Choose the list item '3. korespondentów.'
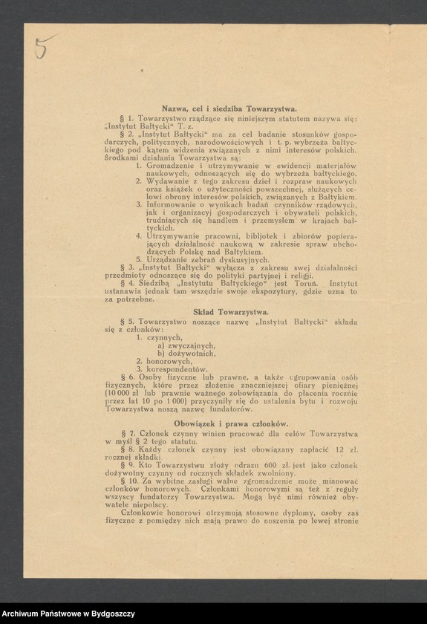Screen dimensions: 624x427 172,368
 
